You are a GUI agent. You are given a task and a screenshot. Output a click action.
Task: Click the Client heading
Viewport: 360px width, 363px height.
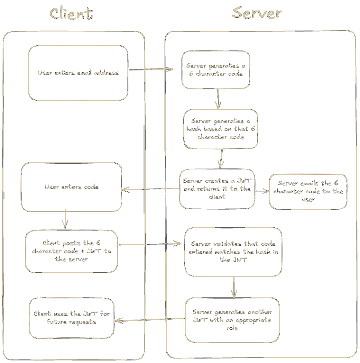(x=71, y=14)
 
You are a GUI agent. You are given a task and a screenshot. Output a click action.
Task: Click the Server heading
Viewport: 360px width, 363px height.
(x=257, y=13)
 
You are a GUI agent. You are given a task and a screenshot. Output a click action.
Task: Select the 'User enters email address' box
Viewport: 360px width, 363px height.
(x=78, y=73)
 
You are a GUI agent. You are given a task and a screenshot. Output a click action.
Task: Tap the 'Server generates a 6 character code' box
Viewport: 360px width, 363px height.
(x=216, y=70)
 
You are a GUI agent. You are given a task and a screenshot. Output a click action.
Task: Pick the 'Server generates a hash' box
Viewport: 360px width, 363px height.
(x=221, y=129)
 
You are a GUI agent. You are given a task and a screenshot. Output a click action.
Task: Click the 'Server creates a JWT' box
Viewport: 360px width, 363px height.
(x=217, y=189)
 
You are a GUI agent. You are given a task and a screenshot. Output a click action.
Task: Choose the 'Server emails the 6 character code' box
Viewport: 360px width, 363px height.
(x=308, y=192)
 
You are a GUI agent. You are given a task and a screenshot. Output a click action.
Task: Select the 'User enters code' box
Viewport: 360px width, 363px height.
(x=71, y=187)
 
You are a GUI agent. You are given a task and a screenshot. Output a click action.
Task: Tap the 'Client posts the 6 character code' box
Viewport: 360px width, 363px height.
(x=71, y=251)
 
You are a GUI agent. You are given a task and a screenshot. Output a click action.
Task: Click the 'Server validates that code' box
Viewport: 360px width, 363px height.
(x=233, y=252)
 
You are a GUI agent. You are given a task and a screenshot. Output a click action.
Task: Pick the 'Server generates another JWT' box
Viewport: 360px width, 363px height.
(x=232, y=320)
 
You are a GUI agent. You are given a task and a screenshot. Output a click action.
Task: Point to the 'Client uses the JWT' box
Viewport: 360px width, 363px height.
(x=72, y=318)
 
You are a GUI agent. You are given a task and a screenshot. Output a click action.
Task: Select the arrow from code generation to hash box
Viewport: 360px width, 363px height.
(x=218, y=99)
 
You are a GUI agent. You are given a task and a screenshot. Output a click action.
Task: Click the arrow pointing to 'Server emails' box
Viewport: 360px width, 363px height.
(x=262, y=191)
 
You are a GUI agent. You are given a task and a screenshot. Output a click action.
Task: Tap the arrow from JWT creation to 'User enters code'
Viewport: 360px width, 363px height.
(x=150, y=189)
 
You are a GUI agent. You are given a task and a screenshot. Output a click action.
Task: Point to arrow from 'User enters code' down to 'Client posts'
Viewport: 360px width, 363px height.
(x=65, y=218)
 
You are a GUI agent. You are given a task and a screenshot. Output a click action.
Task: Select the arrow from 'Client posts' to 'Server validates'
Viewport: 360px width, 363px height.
(x=150, y=244)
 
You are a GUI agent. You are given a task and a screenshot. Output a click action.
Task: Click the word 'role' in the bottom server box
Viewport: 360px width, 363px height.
(x=232, y=328)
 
